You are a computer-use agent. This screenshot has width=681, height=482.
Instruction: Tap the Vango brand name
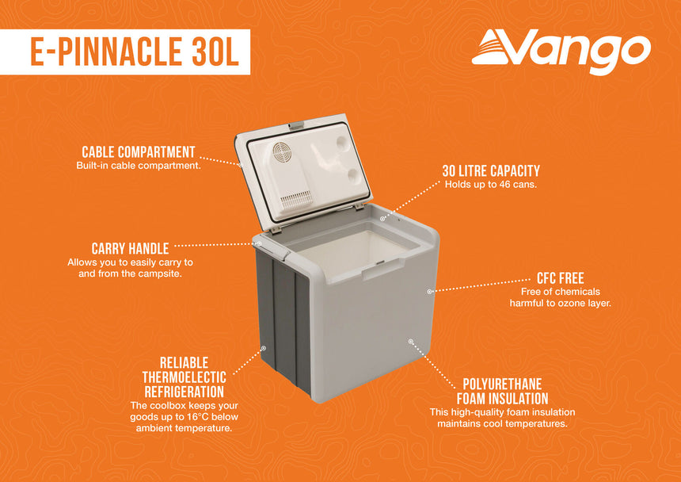point(584,49)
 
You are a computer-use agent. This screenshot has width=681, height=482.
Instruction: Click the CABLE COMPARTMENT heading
point(139,151)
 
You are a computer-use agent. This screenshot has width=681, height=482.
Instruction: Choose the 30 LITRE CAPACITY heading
point(491,171)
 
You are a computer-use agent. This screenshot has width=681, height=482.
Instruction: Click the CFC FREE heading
point(560,278)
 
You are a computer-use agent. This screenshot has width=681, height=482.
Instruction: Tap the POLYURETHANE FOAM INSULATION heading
point(502,391)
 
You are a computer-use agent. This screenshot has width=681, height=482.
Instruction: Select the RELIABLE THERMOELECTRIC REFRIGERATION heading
point(184,377)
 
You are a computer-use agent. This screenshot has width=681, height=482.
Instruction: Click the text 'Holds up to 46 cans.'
point(491,186)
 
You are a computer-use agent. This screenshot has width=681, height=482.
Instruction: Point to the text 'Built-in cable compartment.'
point(139,166)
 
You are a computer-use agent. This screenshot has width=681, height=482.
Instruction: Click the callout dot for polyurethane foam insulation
point(411,341)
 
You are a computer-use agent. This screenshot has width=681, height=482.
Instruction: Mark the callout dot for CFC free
point(429,291)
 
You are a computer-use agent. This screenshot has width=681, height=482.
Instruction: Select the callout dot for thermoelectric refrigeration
point(264,346)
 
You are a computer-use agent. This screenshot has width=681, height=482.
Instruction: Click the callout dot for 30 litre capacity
point(382,217)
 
